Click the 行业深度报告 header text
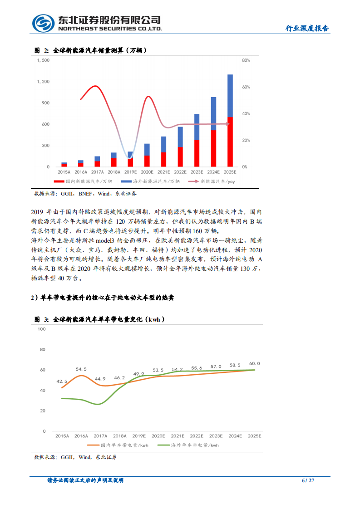307,28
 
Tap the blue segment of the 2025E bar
230,95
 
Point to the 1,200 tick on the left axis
43,82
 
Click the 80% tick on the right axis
246,60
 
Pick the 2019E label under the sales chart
130,172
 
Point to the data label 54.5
81,369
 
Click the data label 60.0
255,363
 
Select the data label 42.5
62,382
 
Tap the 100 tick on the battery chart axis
42,329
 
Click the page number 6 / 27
308,480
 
